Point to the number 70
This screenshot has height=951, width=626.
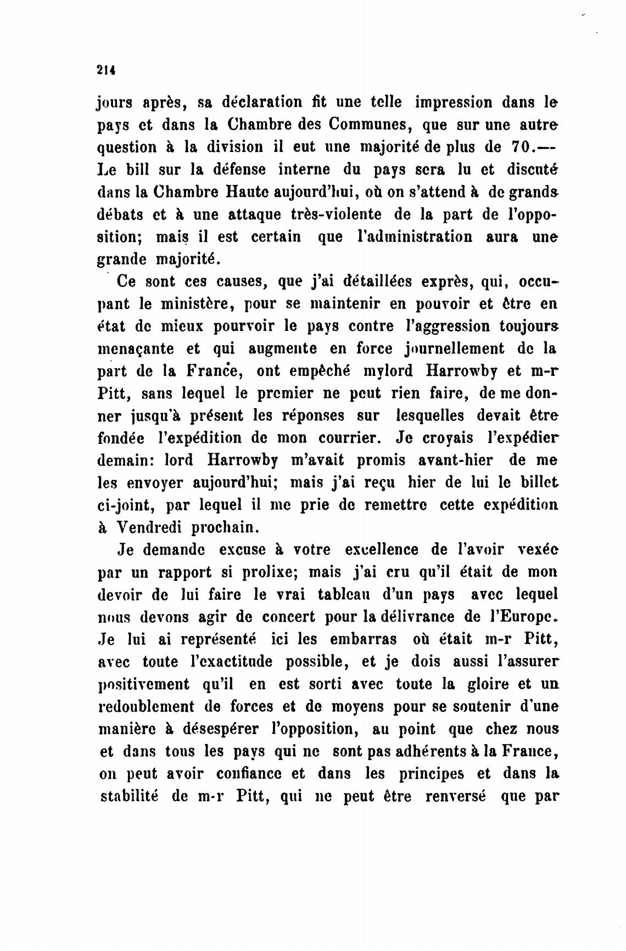tap(516, 147)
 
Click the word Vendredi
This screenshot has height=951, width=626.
tap(148, 527)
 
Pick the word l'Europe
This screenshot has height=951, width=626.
tap(520, 617)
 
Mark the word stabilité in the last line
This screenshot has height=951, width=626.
tap(130, 796)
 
